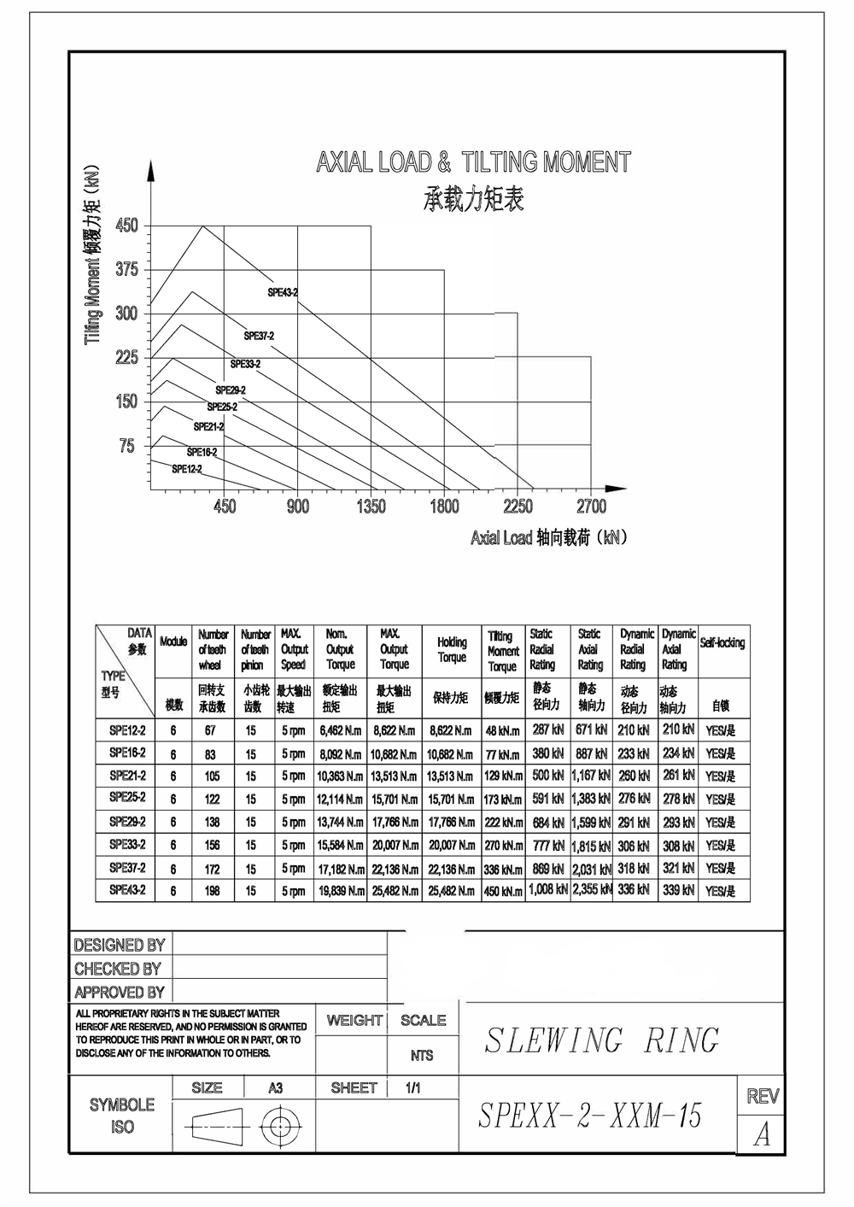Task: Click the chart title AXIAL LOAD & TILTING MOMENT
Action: [473, 162]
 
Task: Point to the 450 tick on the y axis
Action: [126, 226]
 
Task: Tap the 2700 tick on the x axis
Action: [591, 507]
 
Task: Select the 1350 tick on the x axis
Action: [371, 507]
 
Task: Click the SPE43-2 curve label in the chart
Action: [283, 292]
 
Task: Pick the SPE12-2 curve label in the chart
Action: [187, 469]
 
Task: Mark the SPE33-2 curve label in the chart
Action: [245, 364]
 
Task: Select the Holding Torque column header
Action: [452, 649]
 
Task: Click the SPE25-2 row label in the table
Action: [127, 797]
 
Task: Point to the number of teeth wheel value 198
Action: [212, 891]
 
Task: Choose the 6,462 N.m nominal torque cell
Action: [340, 731]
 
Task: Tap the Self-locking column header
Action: [722, 642]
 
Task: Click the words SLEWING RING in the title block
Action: [601, 1040]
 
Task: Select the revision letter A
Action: [762, 1134]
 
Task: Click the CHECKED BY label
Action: [118, 969]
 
